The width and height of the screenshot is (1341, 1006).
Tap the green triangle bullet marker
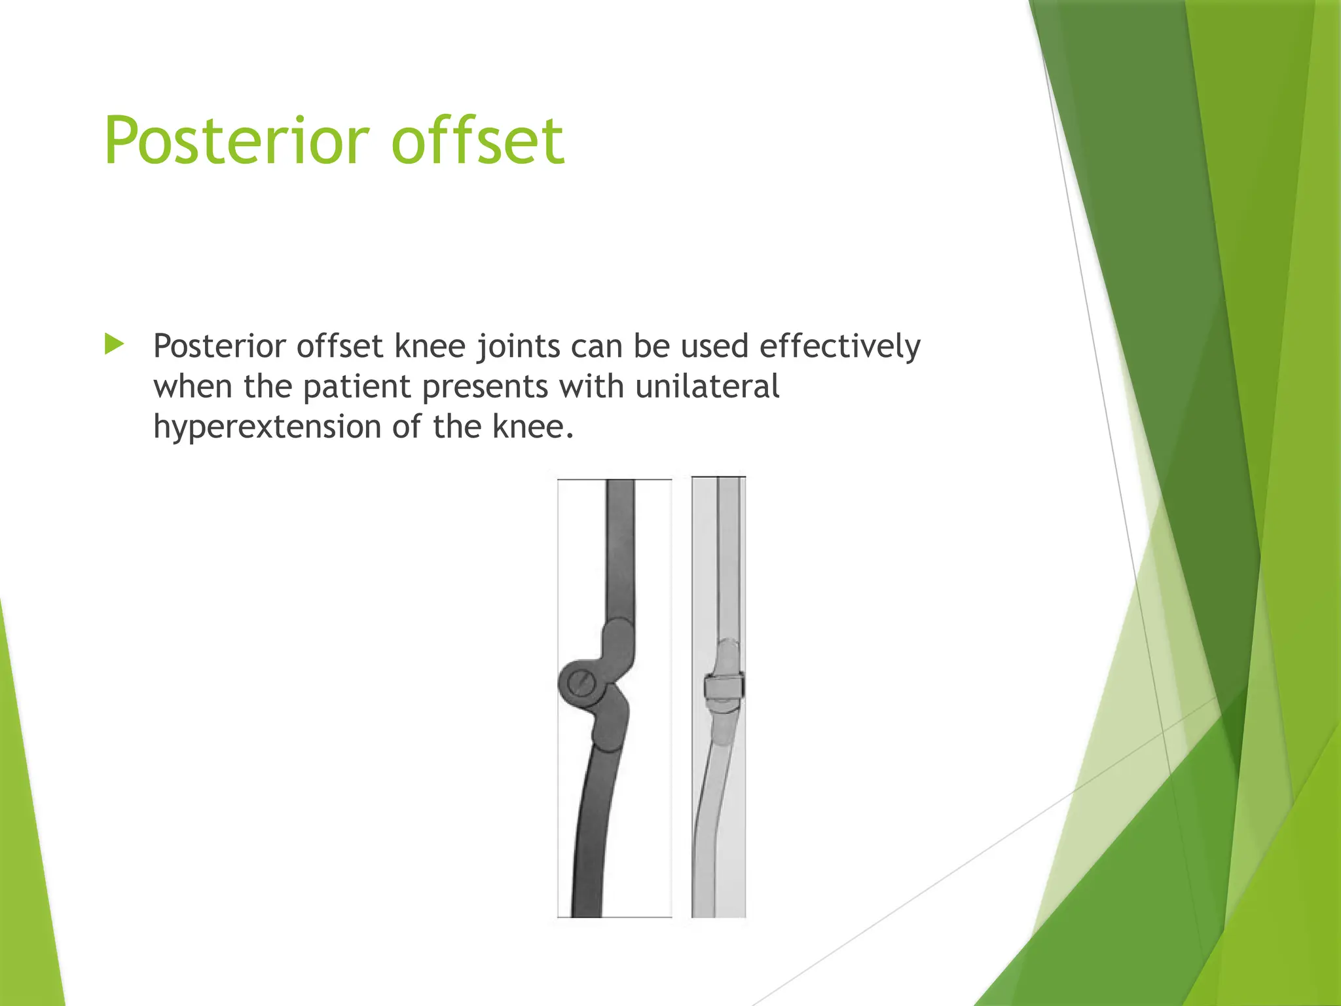tap(114, 344)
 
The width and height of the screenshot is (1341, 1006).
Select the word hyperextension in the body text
tap(266, 428)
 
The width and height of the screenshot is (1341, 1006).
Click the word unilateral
tap(707, 386)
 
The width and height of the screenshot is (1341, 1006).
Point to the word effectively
tap(839, 346)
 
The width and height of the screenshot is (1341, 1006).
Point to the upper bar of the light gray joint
tap(729, 557)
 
